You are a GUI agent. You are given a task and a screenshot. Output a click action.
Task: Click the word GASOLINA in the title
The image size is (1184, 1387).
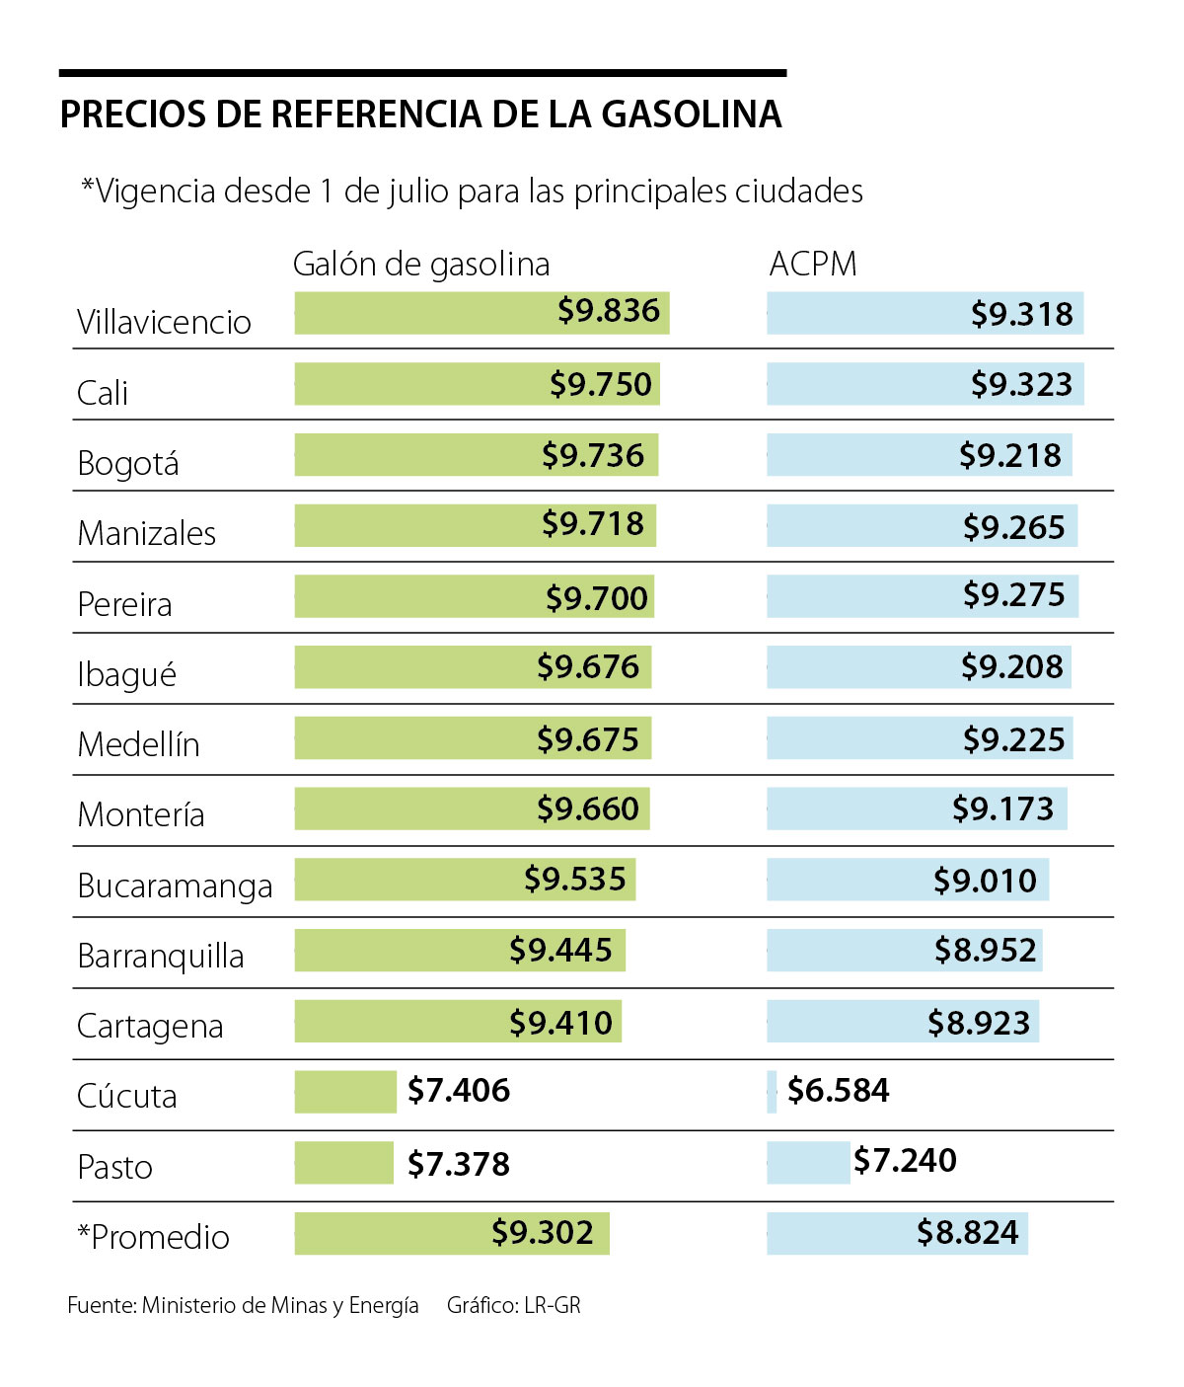point(691,115)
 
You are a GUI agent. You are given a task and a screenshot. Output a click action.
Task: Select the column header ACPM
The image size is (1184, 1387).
point(813,265)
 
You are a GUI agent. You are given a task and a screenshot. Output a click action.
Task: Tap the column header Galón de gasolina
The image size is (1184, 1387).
point(421,265)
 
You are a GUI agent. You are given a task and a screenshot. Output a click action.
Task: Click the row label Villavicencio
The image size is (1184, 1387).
point(164,322)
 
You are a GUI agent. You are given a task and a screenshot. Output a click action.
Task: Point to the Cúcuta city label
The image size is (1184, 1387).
point(127,1096)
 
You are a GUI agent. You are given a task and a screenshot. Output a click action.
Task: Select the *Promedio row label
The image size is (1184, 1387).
point(154,1237)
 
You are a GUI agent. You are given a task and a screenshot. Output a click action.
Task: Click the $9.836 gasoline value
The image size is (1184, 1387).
point(608,311)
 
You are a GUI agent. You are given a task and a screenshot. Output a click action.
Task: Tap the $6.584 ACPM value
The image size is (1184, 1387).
point(838,1091)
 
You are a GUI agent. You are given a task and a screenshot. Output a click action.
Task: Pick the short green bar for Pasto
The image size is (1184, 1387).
point(343,1163)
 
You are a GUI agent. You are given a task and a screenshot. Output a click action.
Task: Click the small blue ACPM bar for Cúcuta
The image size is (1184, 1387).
point(772,1092)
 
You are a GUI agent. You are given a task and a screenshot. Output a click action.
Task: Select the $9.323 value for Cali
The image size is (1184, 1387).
point(1021,384)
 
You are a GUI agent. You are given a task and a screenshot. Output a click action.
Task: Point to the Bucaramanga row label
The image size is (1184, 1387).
point(175,886)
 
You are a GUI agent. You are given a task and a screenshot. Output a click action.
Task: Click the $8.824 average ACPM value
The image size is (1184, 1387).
point(967,1233)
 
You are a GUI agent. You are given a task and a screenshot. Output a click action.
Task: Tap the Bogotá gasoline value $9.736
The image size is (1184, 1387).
point(592,455)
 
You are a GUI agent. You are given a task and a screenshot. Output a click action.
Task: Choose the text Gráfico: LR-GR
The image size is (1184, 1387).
point(513,1305)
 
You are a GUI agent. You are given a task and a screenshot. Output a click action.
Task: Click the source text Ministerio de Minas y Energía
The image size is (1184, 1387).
point(280,1305)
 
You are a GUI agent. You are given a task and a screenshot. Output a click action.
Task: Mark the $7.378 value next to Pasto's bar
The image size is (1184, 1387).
point(459,1164)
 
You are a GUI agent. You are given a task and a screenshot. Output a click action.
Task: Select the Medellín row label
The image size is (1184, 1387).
point(138,744)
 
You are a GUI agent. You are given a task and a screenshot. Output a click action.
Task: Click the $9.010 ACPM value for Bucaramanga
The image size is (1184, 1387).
point(985,881)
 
